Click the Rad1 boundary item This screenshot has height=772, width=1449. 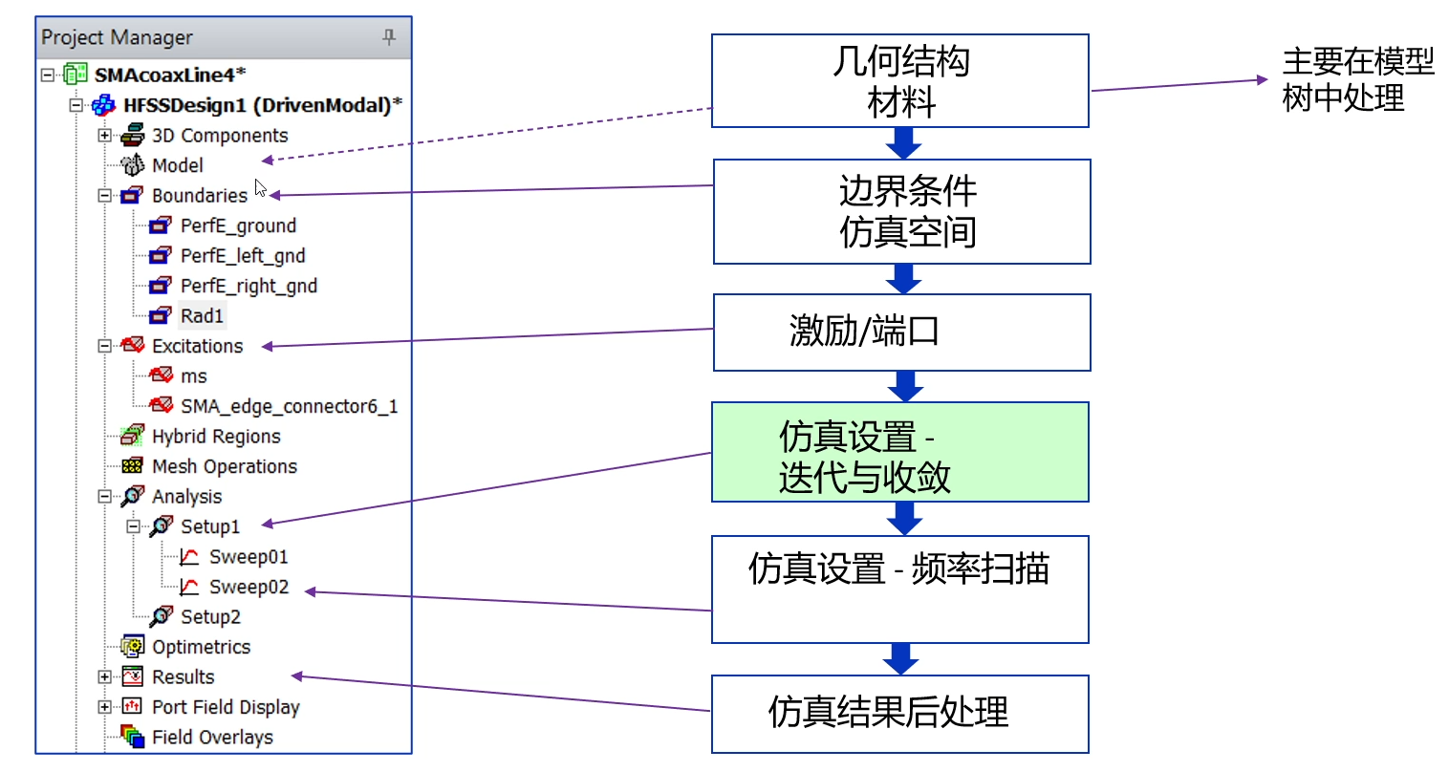point(201,316)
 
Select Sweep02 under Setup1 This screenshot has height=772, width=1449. point(248,588)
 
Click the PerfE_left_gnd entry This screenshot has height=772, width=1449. point(242,256)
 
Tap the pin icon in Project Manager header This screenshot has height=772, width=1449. point(388,37)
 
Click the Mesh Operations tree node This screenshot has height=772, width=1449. point(224,467)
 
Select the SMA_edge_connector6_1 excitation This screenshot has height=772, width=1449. point(289,407)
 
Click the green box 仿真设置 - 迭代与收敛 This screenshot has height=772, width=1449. point(899,453)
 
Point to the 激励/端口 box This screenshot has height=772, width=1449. point(901,332)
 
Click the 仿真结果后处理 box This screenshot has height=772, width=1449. point(899,714)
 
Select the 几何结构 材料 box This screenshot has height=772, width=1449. point(899,81)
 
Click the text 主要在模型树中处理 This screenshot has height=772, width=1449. point(1357,80)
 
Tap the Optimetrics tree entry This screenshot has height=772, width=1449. point(201,648)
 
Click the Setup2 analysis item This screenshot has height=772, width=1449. point(210,617)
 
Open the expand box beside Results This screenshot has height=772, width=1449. point(104,677)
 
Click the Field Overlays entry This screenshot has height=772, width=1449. point(212,738)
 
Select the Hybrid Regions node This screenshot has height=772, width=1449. point(216,437)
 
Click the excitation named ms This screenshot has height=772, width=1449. point(193,376)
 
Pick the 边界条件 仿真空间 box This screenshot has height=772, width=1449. point(901,212)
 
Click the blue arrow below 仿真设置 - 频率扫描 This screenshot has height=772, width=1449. point(900,658)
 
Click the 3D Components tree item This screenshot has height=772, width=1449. point(219,136)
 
